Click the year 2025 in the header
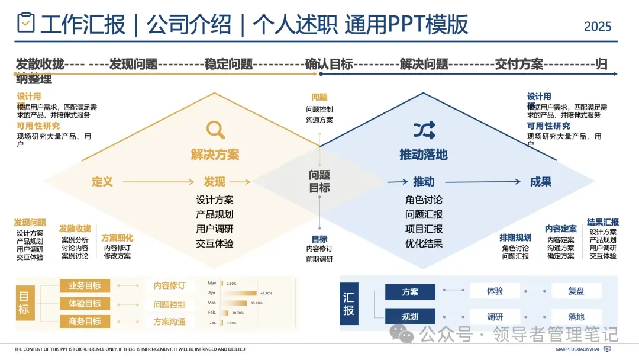coord(598,27)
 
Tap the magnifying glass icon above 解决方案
coord(215,130)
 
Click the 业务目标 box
coord(85,286)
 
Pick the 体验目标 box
coord(85,304)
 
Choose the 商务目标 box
coord(85,322)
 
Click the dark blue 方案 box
coord(410,291)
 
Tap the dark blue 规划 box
coord(410,317)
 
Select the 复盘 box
coord(576,291)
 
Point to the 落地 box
coord(576,317)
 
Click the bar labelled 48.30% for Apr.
coord(239,293)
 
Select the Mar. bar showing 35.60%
coord(234,303)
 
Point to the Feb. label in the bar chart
coord(212,312)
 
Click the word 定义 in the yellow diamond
coord(102,182)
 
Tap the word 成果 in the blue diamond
coord(541,182)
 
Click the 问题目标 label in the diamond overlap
coord(319,181)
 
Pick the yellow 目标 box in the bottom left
coord(24,303)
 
